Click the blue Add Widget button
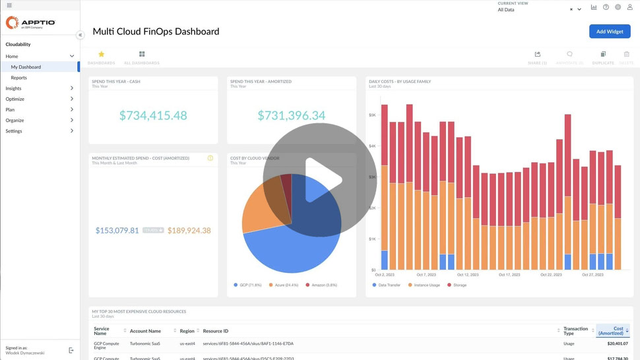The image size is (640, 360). [x=609, y=32]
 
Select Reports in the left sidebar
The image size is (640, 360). [x=19, y=78]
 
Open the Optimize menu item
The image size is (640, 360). [x=15, y=99]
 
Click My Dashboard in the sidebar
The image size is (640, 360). [x=26, y=67]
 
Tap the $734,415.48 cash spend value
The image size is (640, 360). [x=153, y=115]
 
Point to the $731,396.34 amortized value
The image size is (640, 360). [x=291, y=115]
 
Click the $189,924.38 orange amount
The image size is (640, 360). [x=189, y=231]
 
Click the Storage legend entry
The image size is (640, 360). [x=458, y=285]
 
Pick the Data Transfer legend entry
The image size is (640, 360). [x=389, y=285]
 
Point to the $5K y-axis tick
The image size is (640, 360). [x=372, y=115]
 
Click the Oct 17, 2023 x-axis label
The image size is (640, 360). [x=509, y=275]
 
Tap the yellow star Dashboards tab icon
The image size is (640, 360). [x=101, y=54]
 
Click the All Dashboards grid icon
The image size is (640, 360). [x=142, y=54]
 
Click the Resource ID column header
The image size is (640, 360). [x=216, y=330]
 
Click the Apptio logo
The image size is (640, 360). [x=30, y=23]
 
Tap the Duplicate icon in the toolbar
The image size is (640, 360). [x=603, y=55]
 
